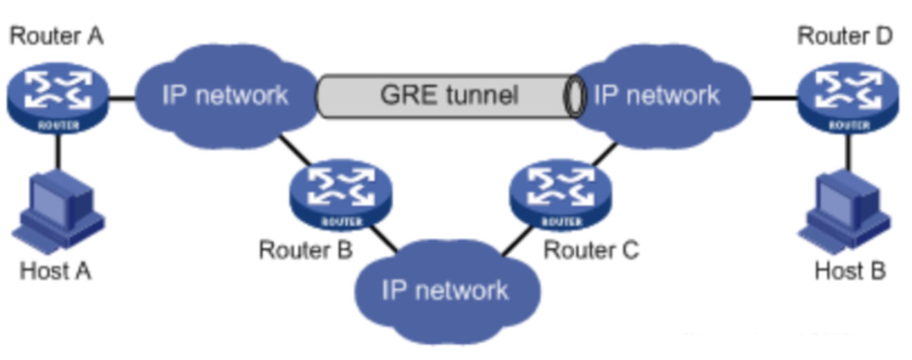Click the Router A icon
(58, 97)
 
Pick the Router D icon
(848, 97)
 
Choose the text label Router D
(846, 36)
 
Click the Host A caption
(55, 271)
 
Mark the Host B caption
(850, 271)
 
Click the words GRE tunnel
(449, 94)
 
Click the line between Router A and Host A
(58, 152)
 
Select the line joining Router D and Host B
(848, 152)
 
